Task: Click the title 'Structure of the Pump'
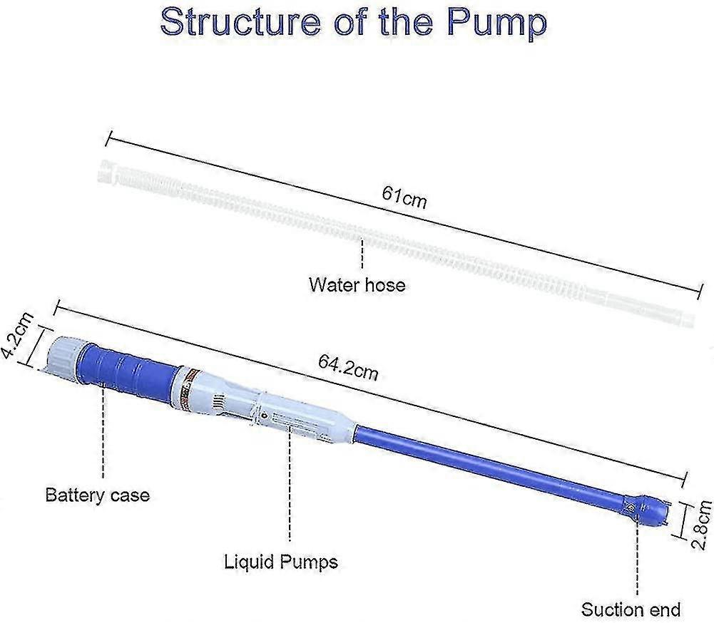coord(354,23)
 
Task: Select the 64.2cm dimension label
coord(348,368)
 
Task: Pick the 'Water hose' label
coord(356,285)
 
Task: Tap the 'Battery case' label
coord(98,494)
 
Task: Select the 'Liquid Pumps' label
coord(280,562)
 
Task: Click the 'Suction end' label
coord(631,609)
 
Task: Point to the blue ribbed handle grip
coord(128,366)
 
